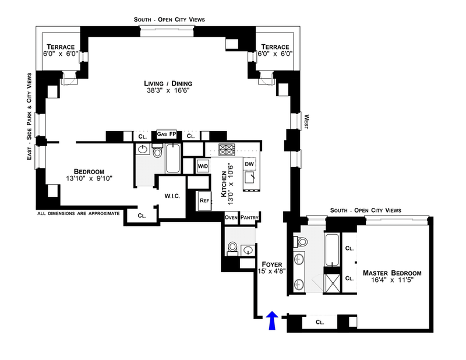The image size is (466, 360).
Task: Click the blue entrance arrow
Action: [x=272, y=320]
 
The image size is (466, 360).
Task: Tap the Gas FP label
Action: [x=167, y=134]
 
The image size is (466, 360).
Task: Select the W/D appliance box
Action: [x=203, y=166]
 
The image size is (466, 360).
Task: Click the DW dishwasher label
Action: [x=249, y=164]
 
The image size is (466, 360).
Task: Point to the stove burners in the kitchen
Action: [x=227, y=149]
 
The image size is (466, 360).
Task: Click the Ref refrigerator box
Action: [x=204, y=200]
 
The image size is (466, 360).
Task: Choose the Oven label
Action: [x=231, y=217]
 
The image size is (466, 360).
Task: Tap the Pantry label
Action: [x=249, y=217]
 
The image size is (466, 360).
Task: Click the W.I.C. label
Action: [x=172, y=196]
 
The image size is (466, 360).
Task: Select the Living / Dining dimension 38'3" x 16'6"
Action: [x=168, y=90]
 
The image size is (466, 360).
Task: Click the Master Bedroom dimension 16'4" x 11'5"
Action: [x=392, y=280]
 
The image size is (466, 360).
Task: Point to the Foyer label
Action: [x=272, y=264]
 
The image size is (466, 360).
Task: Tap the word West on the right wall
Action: [x=306, y=122]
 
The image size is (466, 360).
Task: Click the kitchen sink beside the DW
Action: [x=250, y=178]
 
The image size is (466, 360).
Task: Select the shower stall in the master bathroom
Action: [x=333, y=284]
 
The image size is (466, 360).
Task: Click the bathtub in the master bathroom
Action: [x=332, y=250]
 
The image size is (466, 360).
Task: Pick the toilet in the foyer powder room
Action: [x=232, y=249]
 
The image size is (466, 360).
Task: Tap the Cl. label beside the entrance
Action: [x=320, y=322]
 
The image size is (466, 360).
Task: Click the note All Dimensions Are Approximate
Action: [x=79, y=213]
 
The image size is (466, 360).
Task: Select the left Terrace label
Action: [x=61, y=47]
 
